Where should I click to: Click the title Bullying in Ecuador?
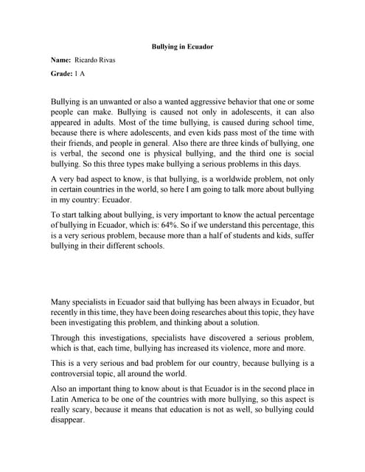pyautogui.click(x=182, y=46)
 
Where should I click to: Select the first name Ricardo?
pyautogui.click(x=88, y=60)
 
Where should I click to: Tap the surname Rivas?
pyautogui.click(x=111, y=60)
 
